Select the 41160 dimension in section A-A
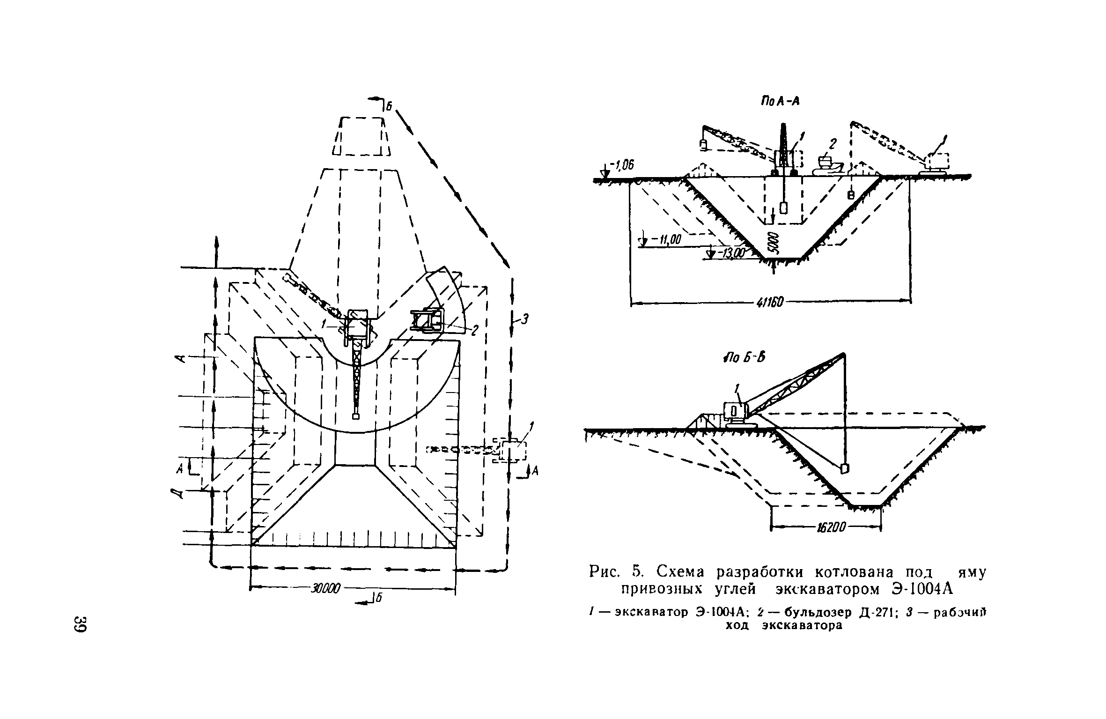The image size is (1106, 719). click(769, 303)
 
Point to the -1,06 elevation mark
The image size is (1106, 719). click(621, 165)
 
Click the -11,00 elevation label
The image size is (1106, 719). click(666, 241)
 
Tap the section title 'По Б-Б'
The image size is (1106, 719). click(744, 357)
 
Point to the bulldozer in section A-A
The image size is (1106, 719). click(828, 165)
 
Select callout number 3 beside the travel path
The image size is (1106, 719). click(524, 319)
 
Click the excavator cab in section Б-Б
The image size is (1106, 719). click(733, 412)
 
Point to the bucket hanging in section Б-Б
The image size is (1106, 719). click(845, 468)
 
